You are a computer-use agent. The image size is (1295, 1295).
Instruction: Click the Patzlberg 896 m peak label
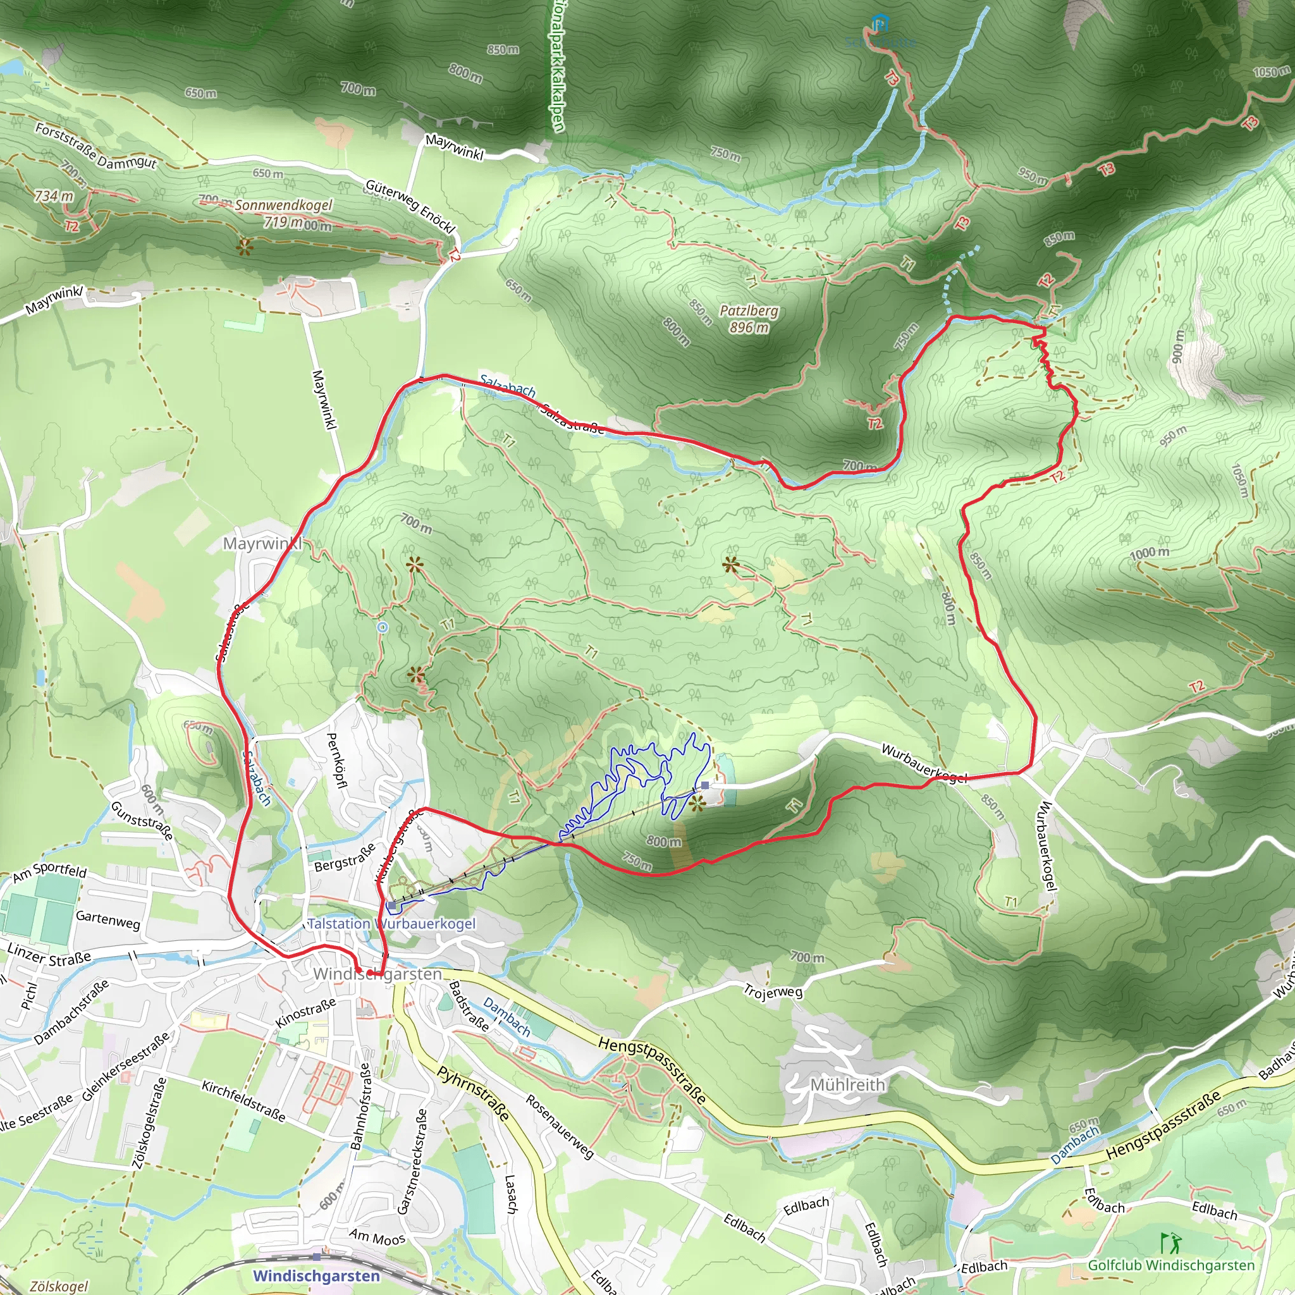[749, 319]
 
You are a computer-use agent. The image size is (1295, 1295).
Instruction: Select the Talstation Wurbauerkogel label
[391, 924]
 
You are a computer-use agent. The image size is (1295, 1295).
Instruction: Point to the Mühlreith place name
[847, 1084]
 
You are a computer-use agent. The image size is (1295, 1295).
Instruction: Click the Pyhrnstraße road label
[473, 1093]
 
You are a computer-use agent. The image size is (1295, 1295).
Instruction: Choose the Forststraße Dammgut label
[96, 145]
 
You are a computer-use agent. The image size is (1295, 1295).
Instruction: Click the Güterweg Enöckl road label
[410, 206]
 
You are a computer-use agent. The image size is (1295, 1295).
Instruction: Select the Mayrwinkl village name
[263, 544]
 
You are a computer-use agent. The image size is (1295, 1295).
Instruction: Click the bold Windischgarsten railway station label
[316, 1275]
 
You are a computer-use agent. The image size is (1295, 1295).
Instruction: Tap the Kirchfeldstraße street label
[244, 1101]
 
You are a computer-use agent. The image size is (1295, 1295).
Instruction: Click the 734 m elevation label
[54, 197]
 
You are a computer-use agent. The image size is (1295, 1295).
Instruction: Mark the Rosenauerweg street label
[560, 1127]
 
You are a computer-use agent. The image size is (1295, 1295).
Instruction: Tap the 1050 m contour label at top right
[1272, 71]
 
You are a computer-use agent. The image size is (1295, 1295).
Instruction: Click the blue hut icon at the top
[879, 25]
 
